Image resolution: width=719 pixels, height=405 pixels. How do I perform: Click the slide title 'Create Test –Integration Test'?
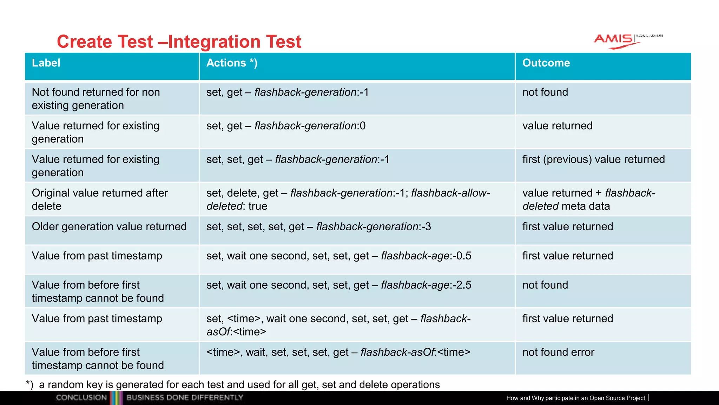(179, 41)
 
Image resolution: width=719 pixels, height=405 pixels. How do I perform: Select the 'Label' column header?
(46, 63)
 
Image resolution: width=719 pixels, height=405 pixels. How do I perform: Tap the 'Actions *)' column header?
(232, 63)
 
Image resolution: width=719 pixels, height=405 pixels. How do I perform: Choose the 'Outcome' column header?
(546, 63)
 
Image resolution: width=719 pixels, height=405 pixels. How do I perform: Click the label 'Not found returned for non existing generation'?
(95, 99)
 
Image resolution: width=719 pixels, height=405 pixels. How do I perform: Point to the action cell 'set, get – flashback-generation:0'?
(286, 126)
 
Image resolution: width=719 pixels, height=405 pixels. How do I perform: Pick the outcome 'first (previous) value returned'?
(593, 160)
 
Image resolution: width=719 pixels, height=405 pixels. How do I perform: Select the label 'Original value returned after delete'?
(100, 199)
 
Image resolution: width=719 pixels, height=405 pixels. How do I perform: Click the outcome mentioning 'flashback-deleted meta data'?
(588, 199)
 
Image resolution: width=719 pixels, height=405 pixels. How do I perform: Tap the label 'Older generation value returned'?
(109, 227)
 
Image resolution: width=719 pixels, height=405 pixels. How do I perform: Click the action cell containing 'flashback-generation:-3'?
(318, 227)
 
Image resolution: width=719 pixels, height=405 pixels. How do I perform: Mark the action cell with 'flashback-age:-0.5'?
(338, 256)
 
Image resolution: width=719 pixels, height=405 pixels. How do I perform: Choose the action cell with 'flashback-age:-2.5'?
(338, 285)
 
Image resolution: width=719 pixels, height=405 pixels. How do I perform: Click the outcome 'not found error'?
(558, 352)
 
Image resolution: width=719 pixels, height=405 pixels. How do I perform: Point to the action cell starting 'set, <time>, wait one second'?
(338, 325)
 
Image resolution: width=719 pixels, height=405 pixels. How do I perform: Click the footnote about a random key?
(233, 385)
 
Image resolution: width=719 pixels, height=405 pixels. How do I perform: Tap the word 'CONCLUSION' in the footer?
(81, 398)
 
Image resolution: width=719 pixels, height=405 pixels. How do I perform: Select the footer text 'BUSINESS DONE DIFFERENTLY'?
(185, 398)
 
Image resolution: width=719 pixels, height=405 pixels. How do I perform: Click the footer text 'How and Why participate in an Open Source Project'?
(575, 398)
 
